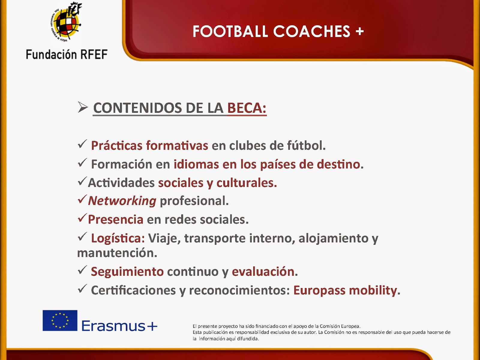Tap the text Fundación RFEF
[x=67, y=54]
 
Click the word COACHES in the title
[x=312, y=31]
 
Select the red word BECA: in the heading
[x=247, y=108]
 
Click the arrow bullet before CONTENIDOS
[x=83, y=107]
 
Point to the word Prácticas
[x=117, y=146]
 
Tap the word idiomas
[x=196, y=164]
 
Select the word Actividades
[x=121, y=183]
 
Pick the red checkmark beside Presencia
[x=82, y=218]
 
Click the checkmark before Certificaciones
[x=82, y=289]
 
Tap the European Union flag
[x=60, y=320]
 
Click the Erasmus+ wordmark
[x=119, y=326]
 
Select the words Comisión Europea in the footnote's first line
[x=340, y=326]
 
